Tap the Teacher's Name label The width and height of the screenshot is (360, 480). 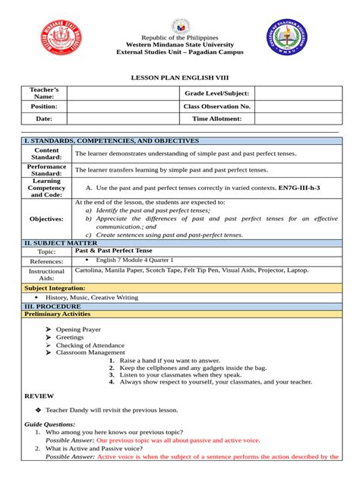43,93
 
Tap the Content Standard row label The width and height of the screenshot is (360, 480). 46,153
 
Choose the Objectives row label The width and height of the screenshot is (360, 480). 46,219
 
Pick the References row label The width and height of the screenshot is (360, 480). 46,261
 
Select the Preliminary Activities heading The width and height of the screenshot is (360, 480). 58,314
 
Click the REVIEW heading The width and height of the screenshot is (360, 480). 39,396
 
